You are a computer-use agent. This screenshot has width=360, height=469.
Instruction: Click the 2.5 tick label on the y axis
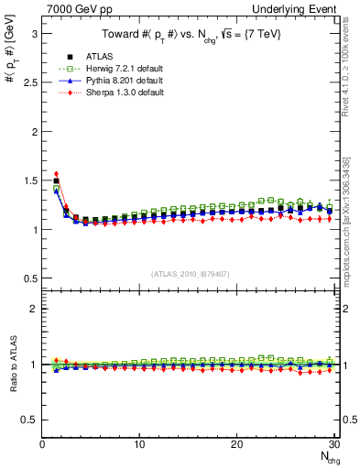tap(29, 82)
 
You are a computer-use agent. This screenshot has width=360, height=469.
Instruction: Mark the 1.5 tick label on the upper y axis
tap(29, 180)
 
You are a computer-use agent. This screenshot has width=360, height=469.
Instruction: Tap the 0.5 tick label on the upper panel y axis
tap(29, 278)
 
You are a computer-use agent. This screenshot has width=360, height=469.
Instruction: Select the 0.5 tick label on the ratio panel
tap(29, 420)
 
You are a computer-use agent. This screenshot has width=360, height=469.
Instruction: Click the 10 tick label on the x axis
tap(139, 444)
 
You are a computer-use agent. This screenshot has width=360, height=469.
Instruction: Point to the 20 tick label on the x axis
tap(236, 444)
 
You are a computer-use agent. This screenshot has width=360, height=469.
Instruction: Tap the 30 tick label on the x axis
tap(333, 444)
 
